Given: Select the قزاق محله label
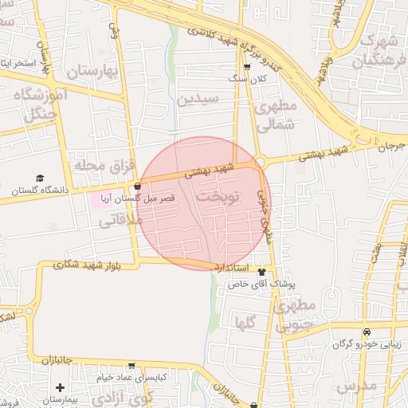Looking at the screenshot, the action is pyautogui.click(x=95, y=165).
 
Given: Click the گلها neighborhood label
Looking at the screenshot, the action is pyautogui.click(x=245, y=322).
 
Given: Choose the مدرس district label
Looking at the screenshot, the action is pyautogui.click(x=355, y=386).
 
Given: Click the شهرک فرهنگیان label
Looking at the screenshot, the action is pyautogui.click(x=382, y=49).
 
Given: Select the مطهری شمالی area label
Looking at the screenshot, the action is pyautogui.click(x=277, y=114).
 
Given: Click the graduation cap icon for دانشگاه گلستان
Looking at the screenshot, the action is pyautogui.click(x=40, y=178).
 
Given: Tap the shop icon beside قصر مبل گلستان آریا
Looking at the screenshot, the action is pyautogui.click(x=138, y=186).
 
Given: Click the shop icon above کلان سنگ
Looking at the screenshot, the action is pyautogui.click(x=246, y=68).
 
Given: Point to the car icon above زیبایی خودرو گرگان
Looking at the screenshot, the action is pyautogui.click(x=366, y=332).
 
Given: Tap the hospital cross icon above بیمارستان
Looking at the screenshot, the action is pyautogui.click(x=60, y=387).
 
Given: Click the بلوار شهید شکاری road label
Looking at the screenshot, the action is pyautogui.click(x=87, y=265).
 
